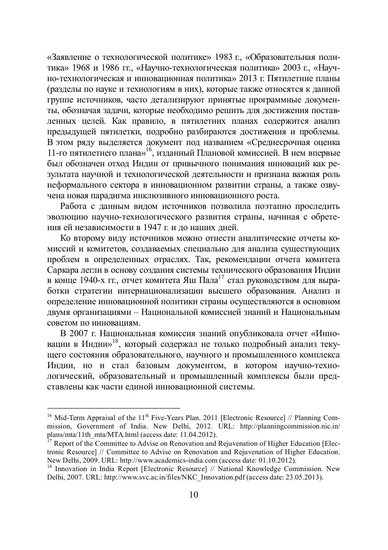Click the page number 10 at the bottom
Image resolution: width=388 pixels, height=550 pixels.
pyautogui.click(x=194, y=495)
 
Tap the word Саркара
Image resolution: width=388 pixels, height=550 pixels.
pyautogui.click(x=63, y=270)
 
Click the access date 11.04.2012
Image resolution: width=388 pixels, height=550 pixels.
pyautogui.click(x=198, y=434)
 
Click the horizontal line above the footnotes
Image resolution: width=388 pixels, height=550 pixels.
pyautogui.click(x=113, y=407)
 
